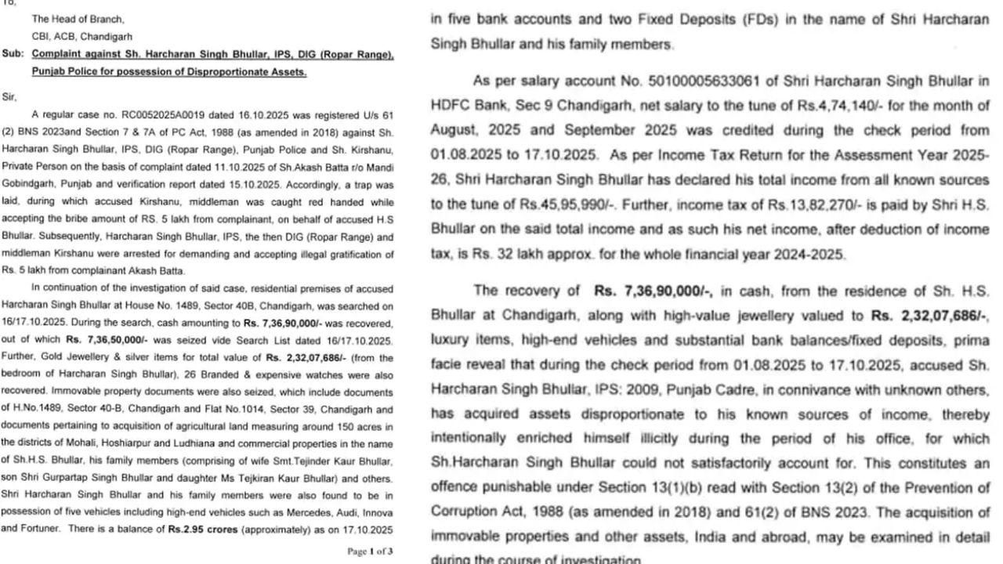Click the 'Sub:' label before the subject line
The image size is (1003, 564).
pyautogui.click(x=12, y=55)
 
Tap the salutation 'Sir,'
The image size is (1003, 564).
pyautogui.click(x=9, y=96)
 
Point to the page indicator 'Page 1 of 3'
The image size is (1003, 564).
pyautogui.click(x=370, y=551)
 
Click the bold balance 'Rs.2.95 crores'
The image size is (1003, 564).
pyautogui.click(x=201, y=530)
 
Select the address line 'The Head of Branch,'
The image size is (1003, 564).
pyautogui.click(x=78, y=19)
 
